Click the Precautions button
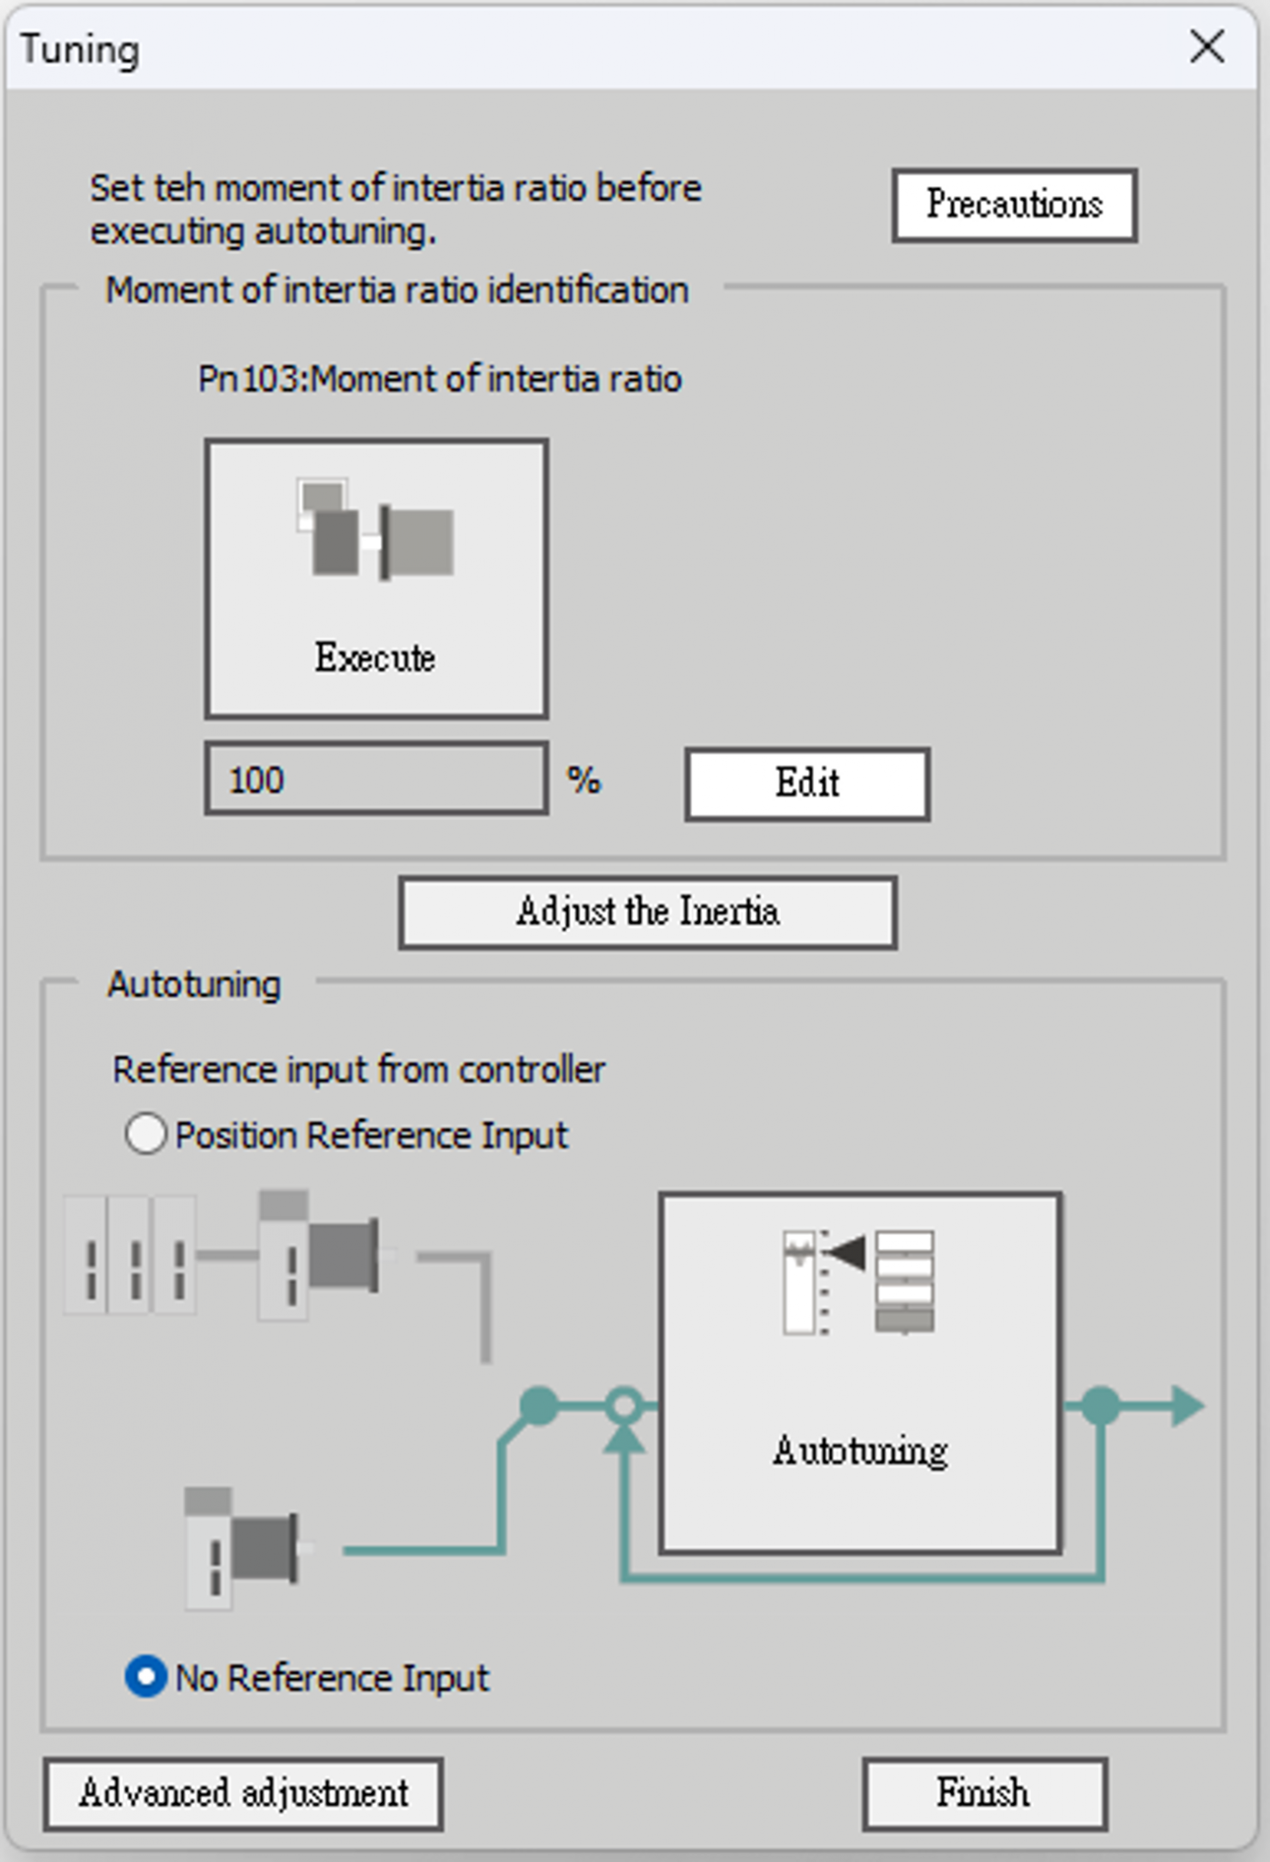(1015, 205)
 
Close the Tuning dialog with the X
(1207, 46)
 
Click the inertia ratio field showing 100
(376, 778)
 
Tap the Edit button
(807, 784)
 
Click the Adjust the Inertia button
(647, 912)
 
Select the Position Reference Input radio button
(145, 1135)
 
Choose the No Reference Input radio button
(145, 1677)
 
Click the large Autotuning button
(860, 1373)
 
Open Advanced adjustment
(244, 1794)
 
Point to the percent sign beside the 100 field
(584, 780)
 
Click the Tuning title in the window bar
(80, 49)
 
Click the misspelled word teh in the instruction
(180, 188)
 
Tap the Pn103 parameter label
(440, 379)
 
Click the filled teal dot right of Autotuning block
(1101, 1406)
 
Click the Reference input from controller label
(359, 1069)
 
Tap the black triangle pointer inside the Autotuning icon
(845, 1253)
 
